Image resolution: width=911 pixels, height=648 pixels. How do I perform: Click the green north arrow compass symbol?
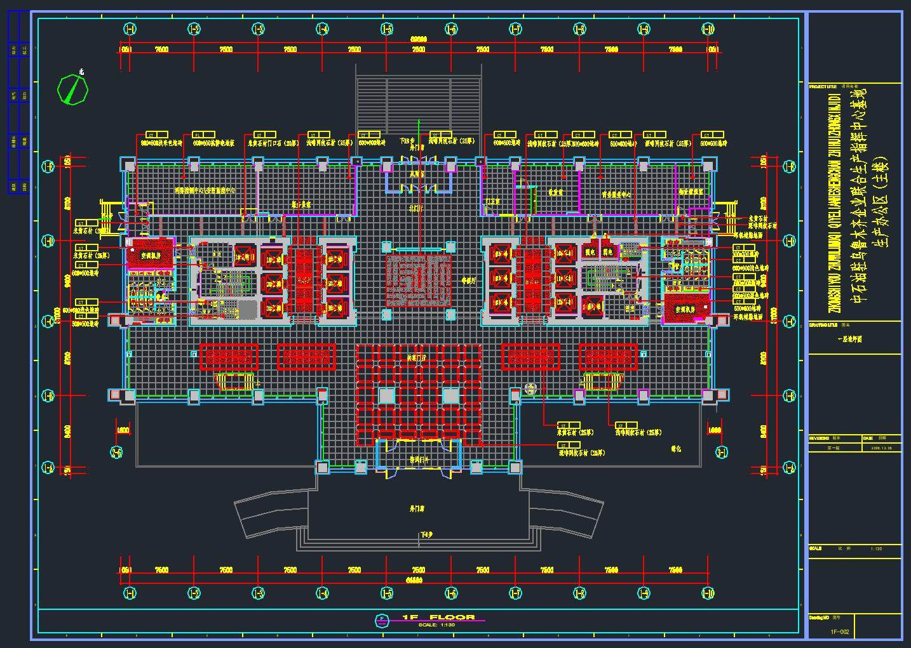(72, 89)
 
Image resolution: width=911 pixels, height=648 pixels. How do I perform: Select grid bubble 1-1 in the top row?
(130, 29)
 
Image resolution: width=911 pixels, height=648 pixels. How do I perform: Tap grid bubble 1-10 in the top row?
(708, 29)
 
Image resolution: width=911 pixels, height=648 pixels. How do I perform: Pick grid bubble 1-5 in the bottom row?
(387, 593)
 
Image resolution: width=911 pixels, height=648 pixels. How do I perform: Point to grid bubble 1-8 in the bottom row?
(579, 593)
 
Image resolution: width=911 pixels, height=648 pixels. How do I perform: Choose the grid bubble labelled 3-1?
(721, 453)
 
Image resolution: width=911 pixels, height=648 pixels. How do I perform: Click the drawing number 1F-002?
(840, 631)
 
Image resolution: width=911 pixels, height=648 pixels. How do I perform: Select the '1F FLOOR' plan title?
(438, 617)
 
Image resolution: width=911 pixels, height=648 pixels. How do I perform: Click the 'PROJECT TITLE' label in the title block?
(823, 86)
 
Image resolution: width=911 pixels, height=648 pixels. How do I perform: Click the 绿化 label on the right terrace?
(676, 449)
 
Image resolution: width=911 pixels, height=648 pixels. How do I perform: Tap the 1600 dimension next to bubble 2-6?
(123, 431)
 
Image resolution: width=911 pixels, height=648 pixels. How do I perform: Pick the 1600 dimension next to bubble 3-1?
(714, 431)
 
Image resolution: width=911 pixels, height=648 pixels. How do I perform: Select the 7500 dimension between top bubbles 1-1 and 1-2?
(162, 49)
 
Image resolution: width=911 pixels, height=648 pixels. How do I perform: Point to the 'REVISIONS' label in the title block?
(820, 438)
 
